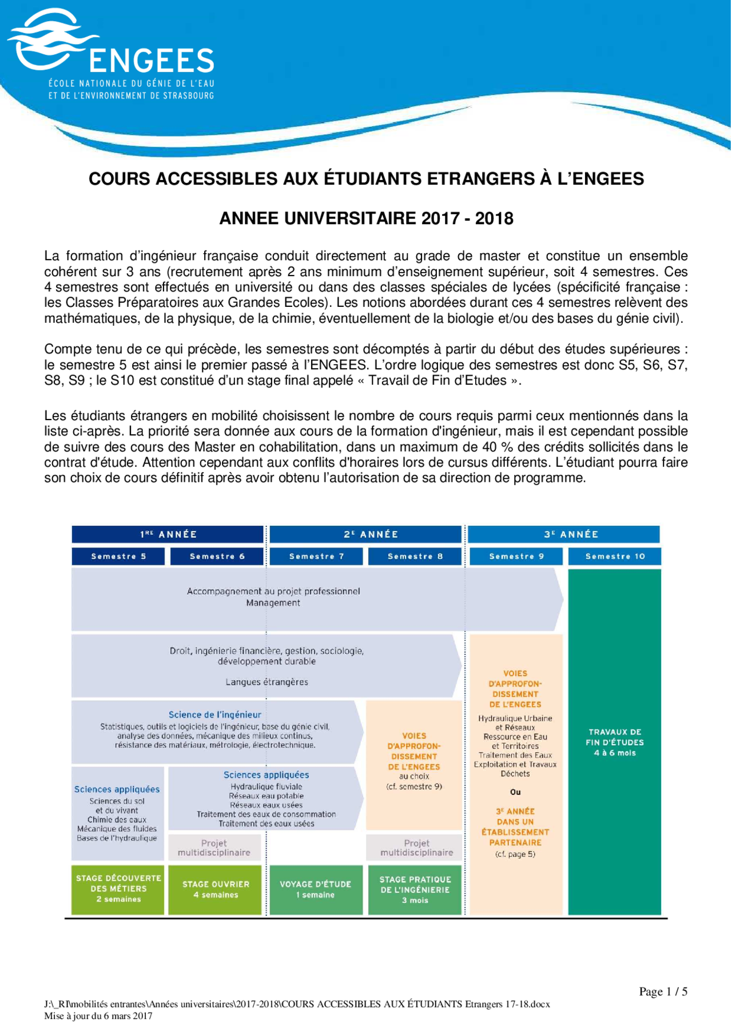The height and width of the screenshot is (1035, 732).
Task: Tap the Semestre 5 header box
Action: tap(118, 556)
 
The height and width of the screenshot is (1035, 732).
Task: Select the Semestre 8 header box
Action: tap(415, 556)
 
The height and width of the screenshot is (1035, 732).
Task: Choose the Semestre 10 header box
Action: tap(615, 556)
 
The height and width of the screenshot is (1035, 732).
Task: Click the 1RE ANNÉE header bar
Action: tap(168, 534)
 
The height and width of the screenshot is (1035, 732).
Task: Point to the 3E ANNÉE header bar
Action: tap(563, 534)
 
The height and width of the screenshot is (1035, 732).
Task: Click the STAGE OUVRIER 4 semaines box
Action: tap(215, 889)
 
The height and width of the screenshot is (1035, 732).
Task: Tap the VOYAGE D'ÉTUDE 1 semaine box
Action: tap(316, 889)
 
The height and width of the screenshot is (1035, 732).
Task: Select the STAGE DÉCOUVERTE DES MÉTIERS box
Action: tap(118, 889)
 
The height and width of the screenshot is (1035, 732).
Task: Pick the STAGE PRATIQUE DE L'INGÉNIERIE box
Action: tap(415, 890)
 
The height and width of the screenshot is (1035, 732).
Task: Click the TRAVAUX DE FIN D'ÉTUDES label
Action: tap(615, 742)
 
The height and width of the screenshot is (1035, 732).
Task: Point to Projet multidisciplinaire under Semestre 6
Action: tap(214, 848)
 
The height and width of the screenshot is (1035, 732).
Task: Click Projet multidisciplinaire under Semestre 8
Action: tap(416, 848)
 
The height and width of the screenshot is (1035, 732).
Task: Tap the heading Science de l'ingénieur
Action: tap(214, 714)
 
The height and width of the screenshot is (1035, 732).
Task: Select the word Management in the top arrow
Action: tap(273, 603)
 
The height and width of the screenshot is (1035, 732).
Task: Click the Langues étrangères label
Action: tap(266, 682)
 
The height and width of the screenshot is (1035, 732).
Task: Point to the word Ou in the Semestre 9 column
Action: tap(515, 792)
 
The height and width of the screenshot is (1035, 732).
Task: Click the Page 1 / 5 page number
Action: tap(663, 992)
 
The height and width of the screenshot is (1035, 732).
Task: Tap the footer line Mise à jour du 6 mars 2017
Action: tap(98, 1016)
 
